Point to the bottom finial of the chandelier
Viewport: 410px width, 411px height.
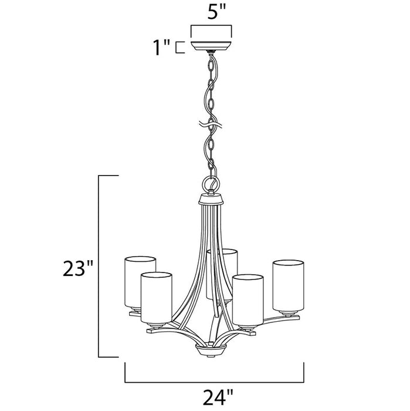(210, 351)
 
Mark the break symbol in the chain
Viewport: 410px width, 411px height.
(211, 124)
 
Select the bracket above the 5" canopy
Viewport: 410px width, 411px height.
(211, 27)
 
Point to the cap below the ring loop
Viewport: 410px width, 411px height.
(212, 200)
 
